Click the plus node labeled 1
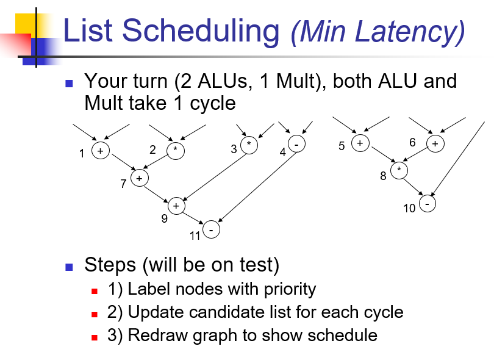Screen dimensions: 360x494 tap(100, 150)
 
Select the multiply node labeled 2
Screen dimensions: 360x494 tap(176, 150)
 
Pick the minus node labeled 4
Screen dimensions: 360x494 tap(296, 145)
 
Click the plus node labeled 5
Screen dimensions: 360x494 tap(360, 143)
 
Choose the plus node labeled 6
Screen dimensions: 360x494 tap(434, 144)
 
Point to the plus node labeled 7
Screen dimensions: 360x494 tap(139, 178)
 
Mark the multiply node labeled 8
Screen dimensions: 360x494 tap(399, 170)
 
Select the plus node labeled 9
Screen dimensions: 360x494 tap(176, 206)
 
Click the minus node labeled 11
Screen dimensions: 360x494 tap(211, 230)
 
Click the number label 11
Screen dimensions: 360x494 tap(195, 236)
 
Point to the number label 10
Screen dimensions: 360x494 tap(409, 209)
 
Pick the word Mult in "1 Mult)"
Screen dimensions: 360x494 tap(295, 81)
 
